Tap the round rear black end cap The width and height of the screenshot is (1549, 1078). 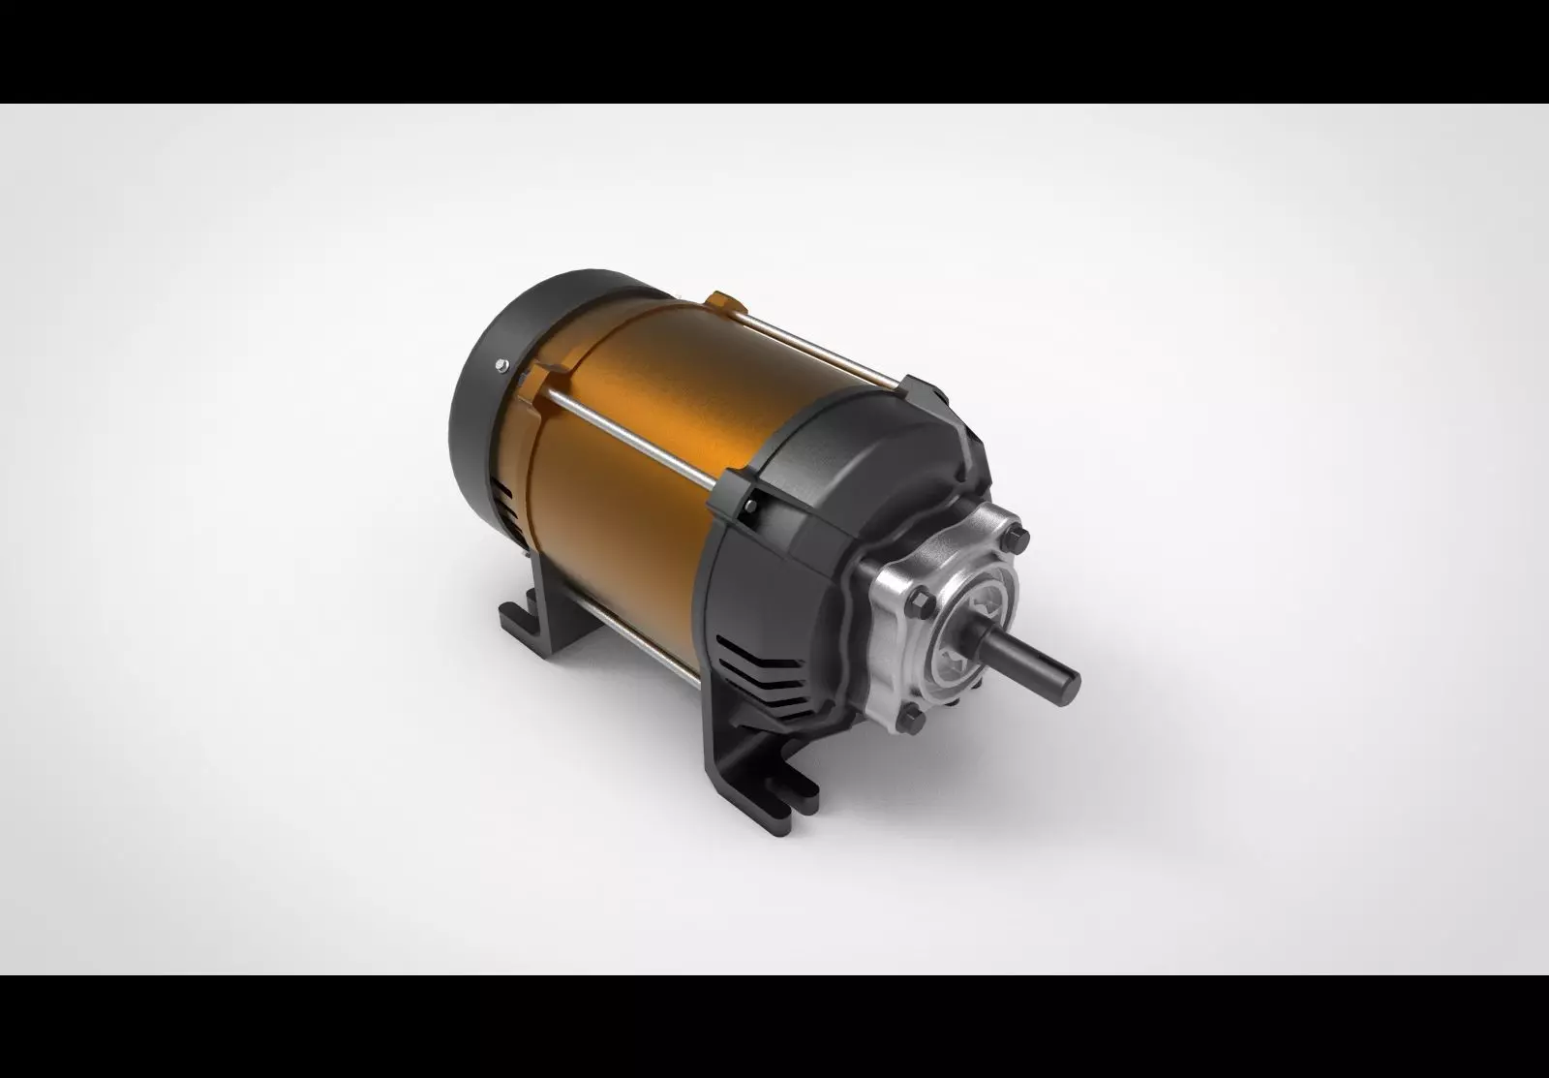[484, 407]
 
